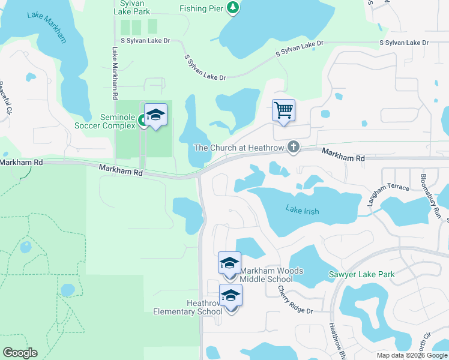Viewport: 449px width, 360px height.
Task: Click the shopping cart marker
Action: [x=283, y=111]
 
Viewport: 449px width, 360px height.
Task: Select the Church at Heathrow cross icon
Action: [x=294, y=147]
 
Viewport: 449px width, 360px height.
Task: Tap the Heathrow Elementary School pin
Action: [x=231, y=296]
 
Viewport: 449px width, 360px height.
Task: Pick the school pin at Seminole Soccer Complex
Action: [x=155, y=115]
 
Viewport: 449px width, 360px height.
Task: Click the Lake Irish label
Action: [x=303, y=211]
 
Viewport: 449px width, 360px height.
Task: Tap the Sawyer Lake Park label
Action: [x=361, y=275]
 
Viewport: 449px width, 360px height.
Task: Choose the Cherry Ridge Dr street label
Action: [x=295, y=300]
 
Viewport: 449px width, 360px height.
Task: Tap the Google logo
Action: [x=20, y=353]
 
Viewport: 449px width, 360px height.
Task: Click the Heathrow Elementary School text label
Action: [x=187, y=307]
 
